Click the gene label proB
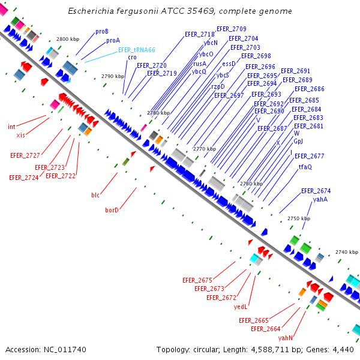(102, 31)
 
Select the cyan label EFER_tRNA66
(136, 50)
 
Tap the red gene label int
(11, 127)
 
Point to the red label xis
(20, 135)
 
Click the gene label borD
(112, 210)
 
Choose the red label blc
(95, 195)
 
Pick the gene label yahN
(285, 338)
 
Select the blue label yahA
(320, 199)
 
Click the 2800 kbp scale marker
(68, 39)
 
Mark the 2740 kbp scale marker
(346, 253)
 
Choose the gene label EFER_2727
(25, 155)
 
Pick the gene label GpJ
(298, 141)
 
